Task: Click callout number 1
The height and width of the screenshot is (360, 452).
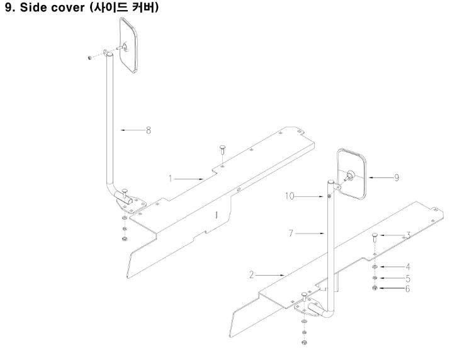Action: [170, 178]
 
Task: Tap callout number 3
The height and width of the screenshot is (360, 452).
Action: [408, 235]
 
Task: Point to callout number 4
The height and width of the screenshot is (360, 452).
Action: [408, 266]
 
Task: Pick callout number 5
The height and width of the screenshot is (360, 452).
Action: [408, 278]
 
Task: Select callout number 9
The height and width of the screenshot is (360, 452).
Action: [397, 177]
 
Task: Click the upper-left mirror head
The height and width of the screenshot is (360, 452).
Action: [130, 46]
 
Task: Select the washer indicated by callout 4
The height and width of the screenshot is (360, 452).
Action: [375, 267]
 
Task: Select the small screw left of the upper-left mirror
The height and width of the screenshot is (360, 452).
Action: [91, 58]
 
